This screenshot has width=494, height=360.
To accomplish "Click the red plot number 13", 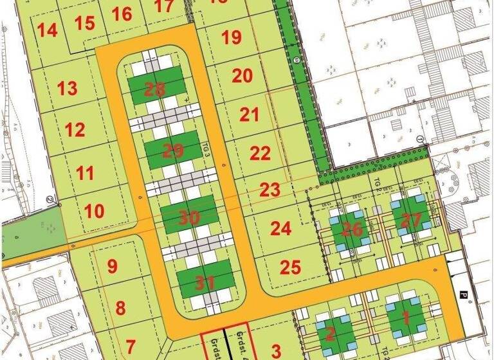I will click(67, 88).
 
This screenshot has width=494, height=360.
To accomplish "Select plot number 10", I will click(94, 211).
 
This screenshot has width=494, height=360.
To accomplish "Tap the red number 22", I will click(260, 154).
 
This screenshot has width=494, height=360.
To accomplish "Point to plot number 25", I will click(291, 267).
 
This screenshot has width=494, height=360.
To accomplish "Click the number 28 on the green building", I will click(155, 89).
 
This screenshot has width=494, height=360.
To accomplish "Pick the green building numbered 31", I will click(205, 282).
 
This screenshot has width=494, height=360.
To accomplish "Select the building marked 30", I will click(189, 218).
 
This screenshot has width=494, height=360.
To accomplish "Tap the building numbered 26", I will click(352, 228).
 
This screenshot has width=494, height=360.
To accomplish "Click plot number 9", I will click(112, 266).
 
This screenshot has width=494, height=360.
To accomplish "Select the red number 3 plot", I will click(276, 351).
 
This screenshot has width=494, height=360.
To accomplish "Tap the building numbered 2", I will click(330, 334).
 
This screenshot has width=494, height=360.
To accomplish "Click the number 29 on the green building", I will click(173, 152).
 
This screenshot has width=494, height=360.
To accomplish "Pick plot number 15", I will click(84, 24).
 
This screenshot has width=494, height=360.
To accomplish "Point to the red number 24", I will click(280, 228).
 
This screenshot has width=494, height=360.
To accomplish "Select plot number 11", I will click(84, 173).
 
